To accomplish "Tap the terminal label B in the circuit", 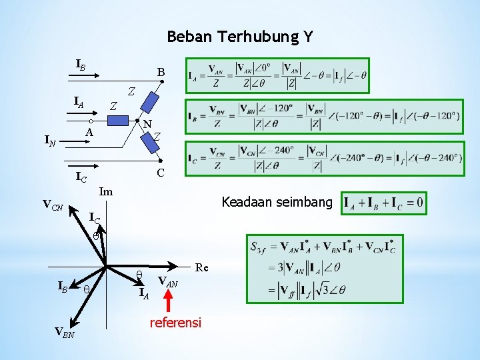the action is click(x=161, y=71).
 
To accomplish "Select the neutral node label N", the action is click(x=147, y=124).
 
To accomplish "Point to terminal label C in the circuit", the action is click(x=161, y=173).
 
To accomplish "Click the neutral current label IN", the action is click(x=49, y=140).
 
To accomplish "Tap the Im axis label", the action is click(x=105, y=191).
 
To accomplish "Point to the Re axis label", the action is click(x=202, y=267).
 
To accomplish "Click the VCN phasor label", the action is click(x=53, y=207).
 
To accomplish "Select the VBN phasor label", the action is click(x=65, y=333).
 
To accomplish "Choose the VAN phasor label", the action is click(x=167, y=283).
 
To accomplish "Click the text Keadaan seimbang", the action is click(x=276, y=201).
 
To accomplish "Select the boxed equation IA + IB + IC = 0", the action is click(x=383, y=201).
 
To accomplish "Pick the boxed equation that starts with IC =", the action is click(x=324, y=157).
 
